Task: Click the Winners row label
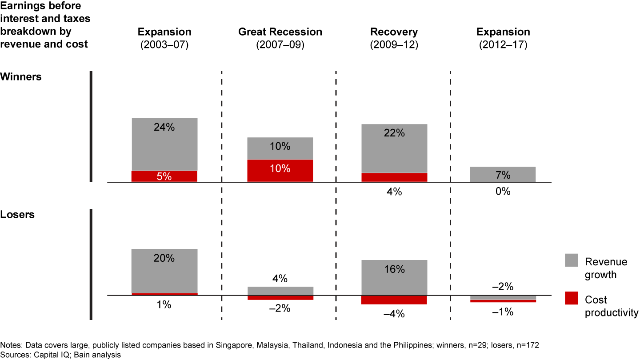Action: [x=21, y=76]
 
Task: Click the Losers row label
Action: [x=18, y=214]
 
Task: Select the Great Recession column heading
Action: [x=280, y=32]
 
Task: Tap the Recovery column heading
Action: [x=394, y=32]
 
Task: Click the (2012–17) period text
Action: [x=503, y=45]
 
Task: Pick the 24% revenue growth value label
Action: [x=164, y=127]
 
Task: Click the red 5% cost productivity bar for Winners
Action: [x=164, y=176]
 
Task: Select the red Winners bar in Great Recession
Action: [x=280, y=171]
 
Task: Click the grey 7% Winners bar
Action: [x=503, y=174]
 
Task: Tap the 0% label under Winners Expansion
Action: [x=503, y=192]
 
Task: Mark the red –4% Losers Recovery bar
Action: [x=394, y=300]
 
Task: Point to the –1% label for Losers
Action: [x=503, y=312]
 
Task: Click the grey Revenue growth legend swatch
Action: [x=571, y=260]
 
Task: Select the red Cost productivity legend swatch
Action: [x=571, y=298]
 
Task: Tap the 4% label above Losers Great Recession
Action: [x=280, y=280]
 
